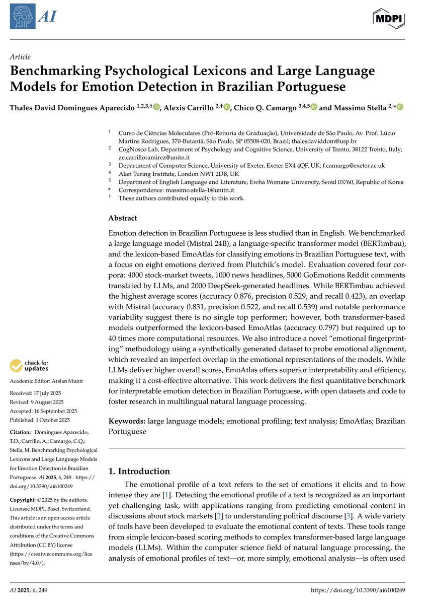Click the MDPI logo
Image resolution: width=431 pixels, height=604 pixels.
point(389,18)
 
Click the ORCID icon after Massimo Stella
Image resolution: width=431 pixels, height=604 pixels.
point(400,107)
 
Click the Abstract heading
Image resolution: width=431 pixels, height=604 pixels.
point(123,218)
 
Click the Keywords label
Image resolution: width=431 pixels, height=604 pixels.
point(127,421)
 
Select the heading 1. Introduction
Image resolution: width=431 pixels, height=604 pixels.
point(139,471)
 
